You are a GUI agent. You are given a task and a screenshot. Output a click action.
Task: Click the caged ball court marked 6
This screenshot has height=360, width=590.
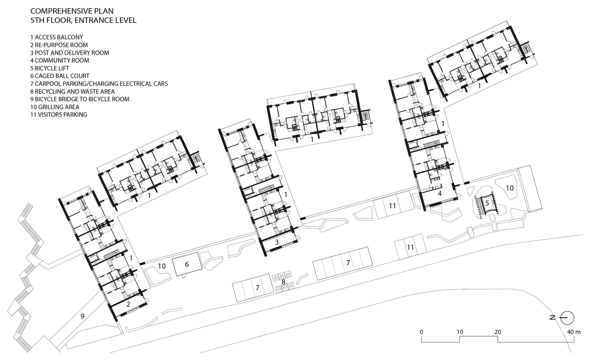pyautogui.click(x=187, y=264)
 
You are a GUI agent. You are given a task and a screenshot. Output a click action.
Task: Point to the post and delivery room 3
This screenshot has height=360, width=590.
pyautogui.click(x=277, y=242)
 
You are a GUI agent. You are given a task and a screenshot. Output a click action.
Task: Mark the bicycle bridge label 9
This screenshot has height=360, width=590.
pyautogui.click(x=83, y=316)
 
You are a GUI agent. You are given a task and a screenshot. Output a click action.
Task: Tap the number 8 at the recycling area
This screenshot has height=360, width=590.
pyautogui.click(x=283, y=282)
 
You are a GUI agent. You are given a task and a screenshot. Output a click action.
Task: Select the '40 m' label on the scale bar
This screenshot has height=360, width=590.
pyautogui.click(x=573, y=332)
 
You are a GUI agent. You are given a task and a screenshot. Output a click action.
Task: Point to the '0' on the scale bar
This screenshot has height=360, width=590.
pyautogui.click(x=421, y=332)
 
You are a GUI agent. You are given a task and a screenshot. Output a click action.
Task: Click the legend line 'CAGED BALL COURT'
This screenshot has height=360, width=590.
pyautogui.click(x=60, y=76)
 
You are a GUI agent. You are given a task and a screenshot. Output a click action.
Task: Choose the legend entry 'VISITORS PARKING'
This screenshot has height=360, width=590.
pyautogui.click(x=59, y=114)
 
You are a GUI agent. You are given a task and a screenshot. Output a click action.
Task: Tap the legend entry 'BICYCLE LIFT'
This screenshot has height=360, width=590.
pyautogui.click(x=50, y=68)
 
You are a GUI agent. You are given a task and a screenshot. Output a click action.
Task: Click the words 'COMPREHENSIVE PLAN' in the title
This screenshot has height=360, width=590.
pyautogui.click(x=72, y=11)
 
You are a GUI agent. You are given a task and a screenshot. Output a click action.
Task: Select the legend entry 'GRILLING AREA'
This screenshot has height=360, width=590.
pyautogui.click(x=55, y=107)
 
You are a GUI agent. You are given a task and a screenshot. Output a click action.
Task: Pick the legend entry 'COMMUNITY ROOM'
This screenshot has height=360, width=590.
pyautogui.click(x=60, y=60)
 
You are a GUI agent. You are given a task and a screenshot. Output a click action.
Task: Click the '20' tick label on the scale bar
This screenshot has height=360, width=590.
pyautogui.click(x=498, y=332)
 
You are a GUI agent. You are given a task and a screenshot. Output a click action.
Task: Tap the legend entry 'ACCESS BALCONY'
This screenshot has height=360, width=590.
pyautogui.click(x=57, y=37)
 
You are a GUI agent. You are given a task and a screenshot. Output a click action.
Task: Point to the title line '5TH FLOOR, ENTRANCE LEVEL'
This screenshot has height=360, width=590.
pyautogui.click(x=83, y=20)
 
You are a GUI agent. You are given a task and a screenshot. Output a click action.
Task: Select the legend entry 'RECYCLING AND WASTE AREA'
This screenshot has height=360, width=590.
pyautogui.click(x=73, y=91)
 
